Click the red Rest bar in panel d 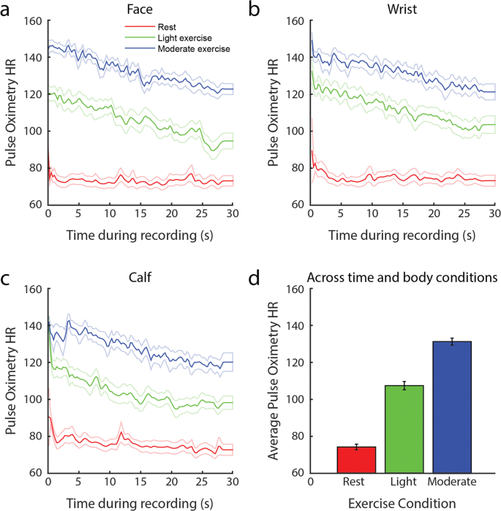click(x=357, y=460)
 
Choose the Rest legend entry click(x=173, y=26)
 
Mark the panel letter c click(x=7, y=276)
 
